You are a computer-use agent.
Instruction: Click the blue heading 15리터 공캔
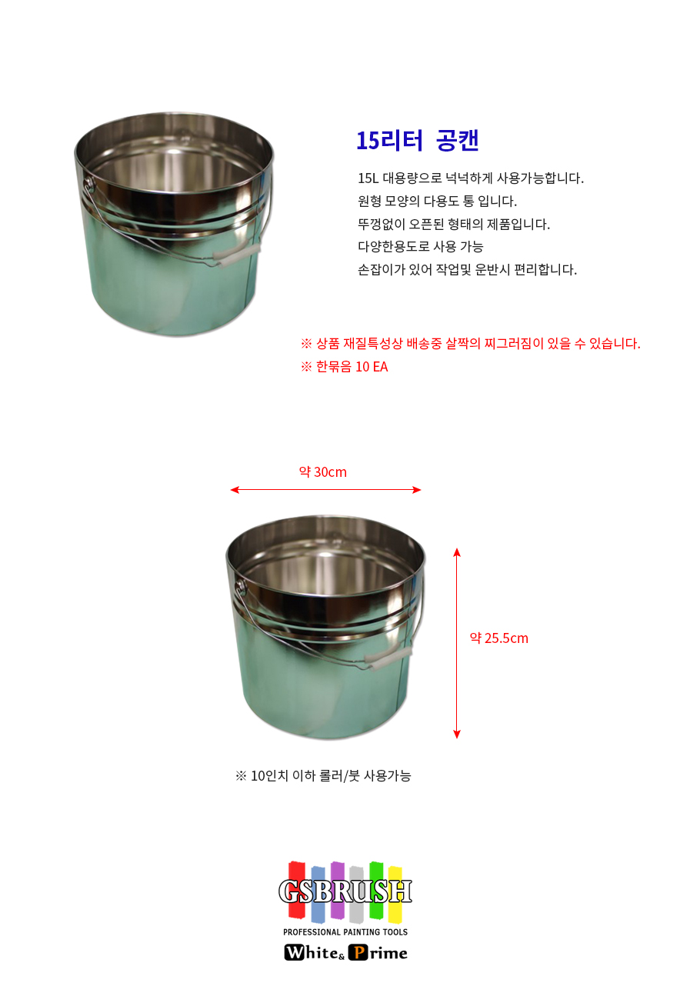pyautogui.click(x=418, y=141)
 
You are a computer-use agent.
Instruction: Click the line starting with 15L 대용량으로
pyautogui.click(x=471, y=178)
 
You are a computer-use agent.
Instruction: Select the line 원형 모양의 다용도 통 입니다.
pyautogui.click(x=437, y=201)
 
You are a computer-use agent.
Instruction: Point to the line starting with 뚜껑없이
pyautogui.click(x=454, y=224)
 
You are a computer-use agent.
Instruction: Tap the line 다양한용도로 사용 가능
pyautogui.click(x=421, y=246)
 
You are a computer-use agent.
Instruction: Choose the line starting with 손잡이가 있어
pyautogui.click(x=467, y=269)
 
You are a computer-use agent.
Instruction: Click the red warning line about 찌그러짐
pyautogui.click(x=471, y=344)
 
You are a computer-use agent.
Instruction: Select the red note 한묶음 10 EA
pyautogui.click(x=344, y=366)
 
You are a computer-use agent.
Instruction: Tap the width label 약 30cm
pyautogui.click(x=323, y=472)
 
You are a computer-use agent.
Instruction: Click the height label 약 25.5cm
pyautogui.click(x=498, y=638)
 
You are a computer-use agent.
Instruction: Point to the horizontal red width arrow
pyautogui.click(x=325, y=489)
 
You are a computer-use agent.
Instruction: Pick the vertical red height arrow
pyautogui.click(x=457, y=643)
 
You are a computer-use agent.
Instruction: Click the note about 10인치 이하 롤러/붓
pyautogui.click(x=323, y=775)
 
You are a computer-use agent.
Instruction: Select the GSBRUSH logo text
pyautogui.click(x=345, y=891)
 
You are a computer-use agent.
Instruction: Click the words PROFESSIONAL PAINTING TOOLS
pyautogui.click(x=345, y=932)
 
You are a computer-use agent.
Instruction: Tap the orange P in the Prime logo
pyautogui.click(x=358, y=952)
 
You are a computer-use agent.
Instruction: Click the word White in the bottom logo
pyautogui.click(x=312, y=952)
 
